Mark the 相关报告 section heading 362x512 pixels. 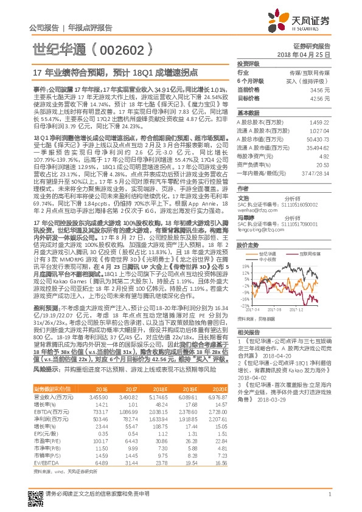point(249,332)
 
